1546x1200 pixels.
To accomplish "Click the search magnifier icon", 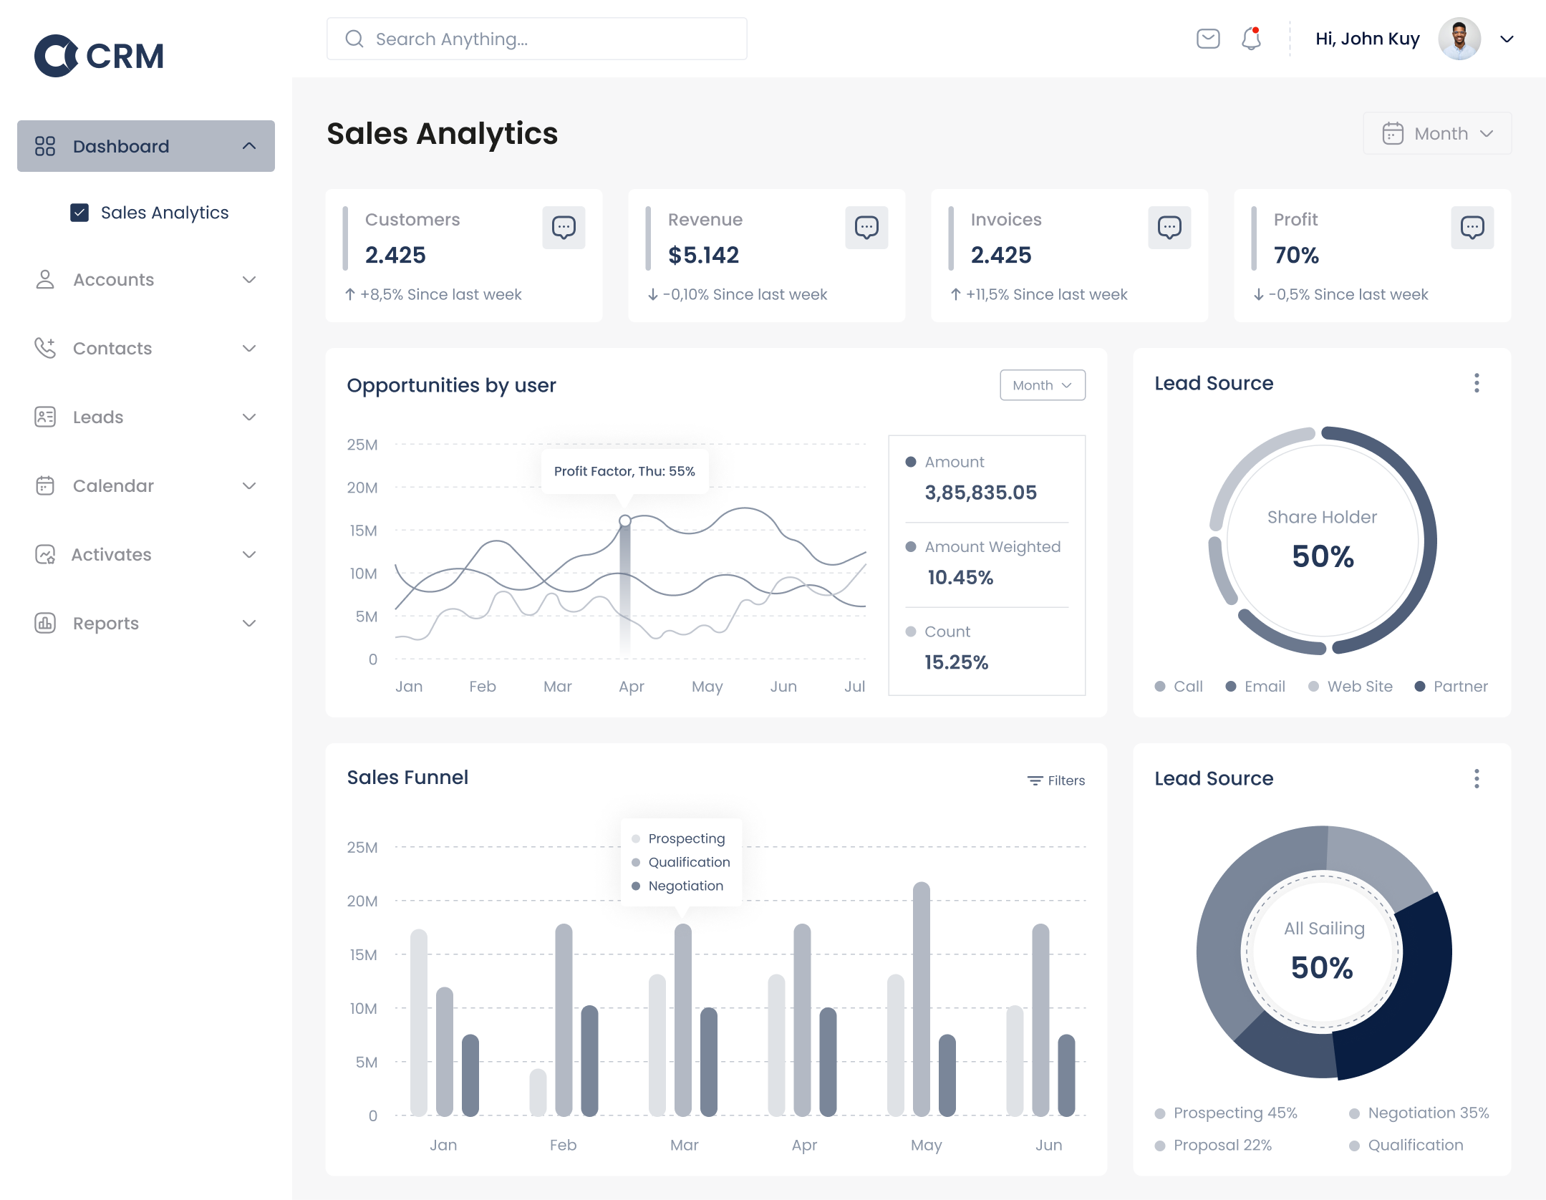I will click(x=354, y=39).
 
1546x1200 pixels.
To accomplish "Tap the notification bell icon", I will click(x=1251, y=39).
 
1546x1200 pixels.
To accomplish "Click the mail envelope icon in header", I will click(x=1208, y=39).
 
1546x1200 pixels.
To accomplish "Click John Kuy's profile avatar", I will click(x=1459, y=39).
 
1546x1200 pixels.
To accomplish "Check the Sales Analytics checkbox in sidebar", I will click(x=79, y=213).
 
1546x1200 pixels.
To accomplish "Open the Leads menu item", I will click(x=98, y=417).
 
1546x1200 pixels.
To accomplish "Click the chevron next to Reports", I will click(x=249, y=623).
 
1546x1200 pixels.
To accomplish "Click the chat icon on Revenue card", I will click(x=866, y=228).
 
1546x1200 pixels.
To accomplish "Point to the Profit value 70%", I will click(x=1296, y=255).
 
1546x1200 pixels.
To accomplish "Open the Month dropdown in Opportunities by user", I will click(x=1042, y=385).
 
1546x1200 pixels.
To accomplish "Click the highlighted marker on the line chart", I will click(x=625, y=521).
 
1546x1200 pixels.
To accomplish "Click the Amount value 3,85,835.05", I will click(x=980, y=493).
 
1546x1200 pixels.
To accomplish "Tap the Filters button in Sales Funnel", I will click(x=1056, y=780).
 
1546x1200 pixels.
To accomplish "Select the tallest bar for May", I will click(x=922, y=999).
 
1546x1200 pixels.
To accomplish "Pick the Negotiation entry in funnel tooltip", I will click(x=685, y=886).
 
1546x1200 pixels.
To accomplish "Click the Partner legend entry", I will click(x=1459, y=686).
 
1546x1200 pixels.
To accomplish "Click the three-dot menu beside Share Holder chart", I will click(x=1477, y=383).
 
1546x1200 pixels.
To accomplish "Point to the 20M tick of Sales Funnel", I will click(x=362, y=901).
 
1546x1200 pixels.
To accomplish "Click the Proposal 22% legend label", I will click(x=1222, y=1145).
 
